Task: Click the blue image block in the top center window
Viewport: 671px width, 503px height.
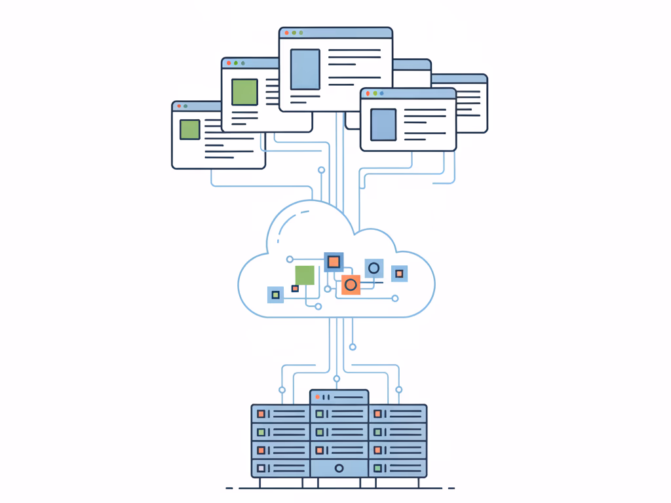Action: [x=305, y=69]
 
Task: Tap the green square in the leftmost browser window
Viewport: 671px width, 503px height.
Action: [x=190, y=129]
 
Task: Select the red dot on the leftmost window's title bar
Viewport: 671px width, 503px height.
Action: [x=179, y=106]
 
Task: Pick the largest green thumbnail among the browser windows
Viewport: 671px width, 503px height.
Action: [x=244, y=92]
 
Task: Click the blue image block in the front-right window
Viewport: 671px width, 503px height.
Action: [x=383, y=124]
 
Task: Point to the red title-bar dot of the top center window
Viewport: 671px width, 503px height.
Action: [x=286, y=33]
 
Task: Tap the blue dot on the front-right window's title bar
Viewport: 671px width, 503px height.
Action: [x=382, y=94]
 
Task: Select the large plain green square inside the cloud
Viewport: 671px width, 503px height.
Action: [x=305, y=275]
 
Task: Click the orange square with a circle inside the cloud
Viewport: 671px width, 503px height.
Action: [x=351, y=285]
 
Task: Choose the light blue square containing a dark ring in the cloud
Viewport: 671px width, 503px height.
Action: [x=374, y=268]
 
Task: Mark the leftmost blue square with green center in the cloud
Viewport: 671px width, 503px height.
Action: [x=275, y=295]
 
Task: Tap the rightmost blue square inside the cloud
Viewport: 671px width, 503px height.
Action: [x=399, y=274]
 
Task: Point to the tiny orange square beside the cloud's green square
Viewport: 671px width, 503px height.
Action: [x=295, y=288]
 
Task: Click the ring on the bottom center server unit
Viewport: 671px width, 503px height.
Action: [x=339, y=468]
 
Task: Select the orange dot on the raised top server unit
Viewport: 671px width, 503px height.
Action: [x=317, y=397]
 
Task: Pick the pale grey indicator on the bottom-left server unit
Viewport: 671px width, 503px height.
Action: [x=261, y=468]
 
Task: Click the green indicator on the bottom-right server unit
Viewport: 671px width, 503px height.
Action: [x=377, y=468]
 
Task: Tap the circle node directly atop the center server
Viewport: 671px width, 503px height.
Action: [x=337, y=379]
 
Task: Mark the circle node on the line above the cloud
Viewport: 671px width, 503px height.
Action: [x=321, y=170]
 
